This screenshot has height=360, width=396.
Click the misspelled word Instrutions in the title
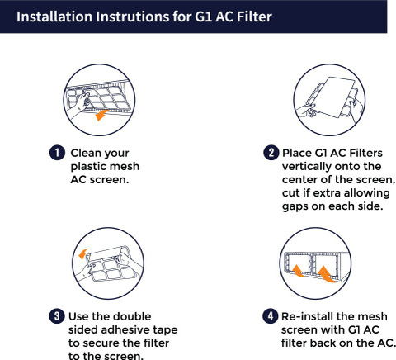tap(133, 17)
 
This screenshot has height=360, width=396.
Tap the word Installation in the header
tap(54, 17)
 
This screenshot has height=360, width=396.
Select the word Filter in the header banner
tap(254, 17)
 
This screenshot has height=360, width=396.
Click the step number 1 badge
tap(57, 153)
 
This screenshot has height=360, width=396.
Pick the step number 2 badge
tap(271, 153)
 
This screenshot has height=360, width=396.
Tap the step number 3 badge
tap(57, 316)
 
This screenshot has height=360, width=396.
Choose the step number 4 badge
tap(271, 316)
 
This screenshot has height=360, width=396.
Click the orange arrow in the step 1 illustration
tap(101, 115)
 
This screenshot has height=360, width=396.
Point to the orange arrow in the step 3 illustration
tap(82, 254)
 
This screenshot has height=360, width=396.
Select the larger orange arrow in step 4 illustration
tap(327, 274)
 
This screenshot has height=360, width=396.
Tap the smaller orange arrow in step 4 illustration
tap(299, 271)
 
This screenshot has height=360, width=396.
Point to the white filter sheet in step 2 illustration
tap(334, 97)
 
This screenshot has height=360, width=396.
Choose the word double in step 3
tap(133, 316)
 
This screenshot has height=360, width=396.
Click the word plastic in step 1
tap(87, 167)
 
